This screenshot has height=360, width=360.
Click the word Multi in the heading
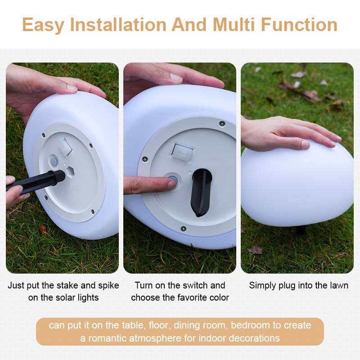point(234,25)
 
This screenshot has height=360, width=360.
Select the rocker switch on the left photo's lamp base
point(65,147)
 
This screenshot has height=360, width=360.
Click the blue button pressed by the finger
point(173,179)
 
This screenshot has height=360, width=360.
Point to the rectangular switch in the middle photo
point(183,151)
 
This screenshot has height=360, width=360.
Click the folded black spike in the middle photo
point(201,192)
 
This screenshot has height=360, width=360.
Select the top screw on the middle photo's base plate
point(222,123)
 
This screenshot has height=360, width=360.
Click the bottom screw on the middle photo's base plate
point(184,229)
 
